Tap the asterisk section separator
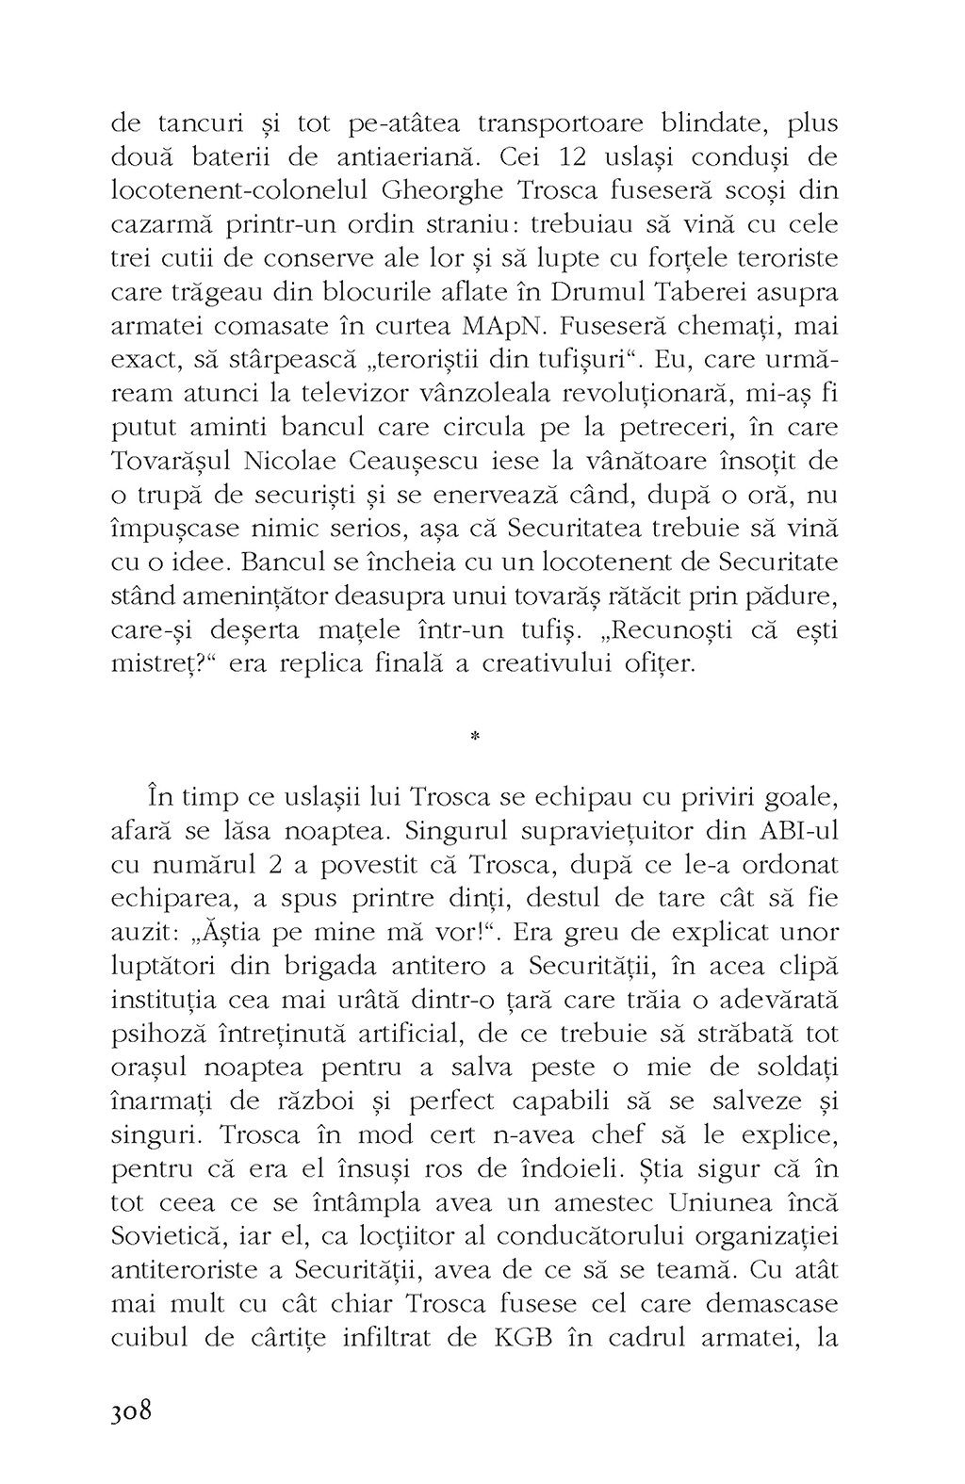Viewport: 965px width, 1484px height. [474, 739]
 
